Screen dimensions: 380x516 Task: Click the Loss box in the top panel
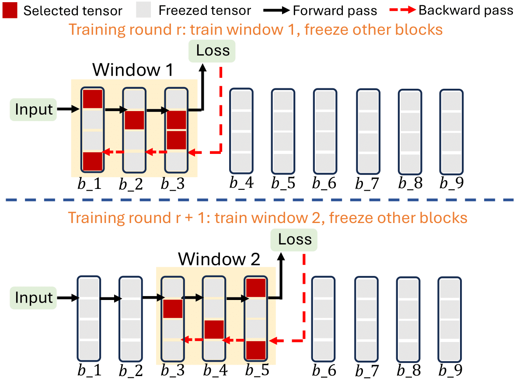(213, 50)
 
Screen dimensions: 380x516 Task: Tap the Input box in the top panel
(34, 109)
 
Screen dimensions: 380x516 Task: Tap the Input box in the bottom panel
(34, 298)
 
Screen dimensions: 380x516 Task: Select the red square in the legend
(10, 10)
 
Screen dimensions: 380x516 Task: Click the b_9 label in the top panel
(451, 182)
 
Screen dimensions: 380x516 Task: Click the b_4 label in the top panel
(241, 182)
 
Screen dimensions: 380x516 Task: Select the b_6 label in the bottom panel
(324, 370)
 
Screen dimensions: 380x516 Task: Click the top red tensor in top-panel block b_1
(92, 99)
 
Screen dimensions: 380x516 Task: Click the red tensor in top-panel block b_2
(134, 120)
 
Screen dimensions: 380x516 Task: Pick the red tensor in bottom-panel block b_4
(214, 330)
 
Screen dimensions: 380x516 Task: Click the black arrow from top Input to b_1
(69, 109)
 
